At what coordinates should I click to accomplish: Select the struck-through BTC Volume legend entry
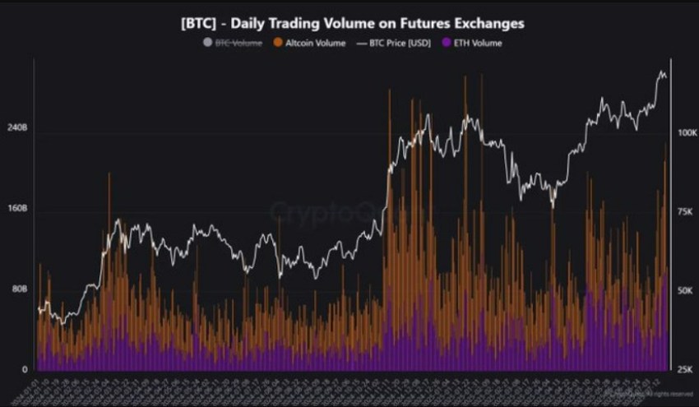(x=238, y=43)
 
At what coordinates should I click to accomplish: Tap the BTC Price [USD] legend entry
(x=399, y=43)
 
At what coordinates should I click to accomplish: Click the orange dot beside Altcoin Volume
(x=279, y=43)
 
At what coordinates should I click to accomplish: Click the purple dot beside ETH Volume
(x=447, y=43)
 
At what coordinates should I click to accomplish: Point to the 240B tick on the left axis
(x=18, y=129)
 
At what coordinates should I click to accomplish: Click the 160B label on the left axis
(x=18, y=209)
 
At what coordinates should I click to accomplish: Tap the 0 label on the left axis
(x=25, y=368)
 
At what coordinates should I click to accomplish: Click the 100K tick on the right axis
(x=687, y=132)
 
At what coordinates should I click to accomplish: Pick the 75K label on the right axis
(x=687, y=212)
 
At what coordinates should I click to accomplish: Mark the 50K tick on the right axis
(x=687, y=291)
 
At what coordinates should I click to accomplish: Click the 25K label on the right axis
(x=687, y=370)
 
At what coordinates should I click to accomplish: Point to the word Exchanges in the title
(x=487, y=23)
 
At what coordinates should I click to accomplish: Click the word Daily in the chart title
(x=247, y=23)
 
